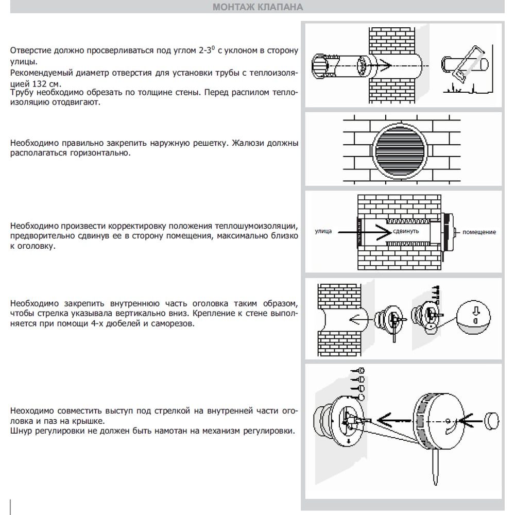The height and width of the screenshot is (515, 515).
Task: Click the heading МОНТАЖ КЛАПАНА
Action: (257, 7)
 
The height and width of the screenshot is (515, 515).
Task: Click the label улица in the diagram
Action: (323, 232)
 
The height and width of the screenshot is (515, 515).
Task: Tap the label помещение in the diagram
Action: (479, 232)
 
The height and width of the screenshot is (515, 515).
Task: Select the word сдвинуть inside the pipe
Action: (406, 232)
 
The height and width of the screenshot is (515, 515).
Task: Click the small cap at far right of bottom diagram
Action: (492, 419)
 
